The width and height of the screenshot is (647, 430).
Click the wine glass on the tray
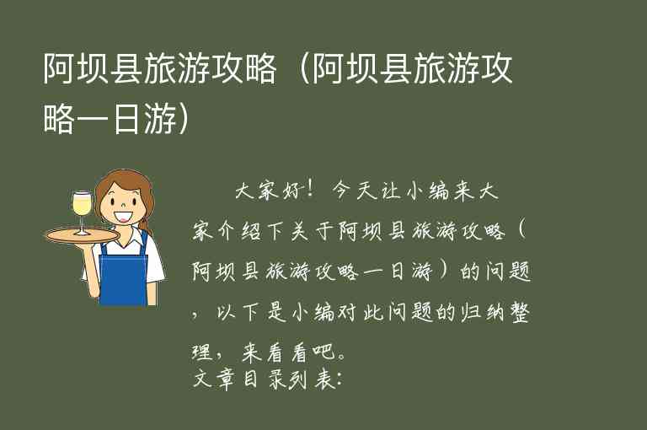[x=81, y=207]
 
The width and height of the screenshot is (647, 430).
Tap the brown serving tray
[x=80, y=235]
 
